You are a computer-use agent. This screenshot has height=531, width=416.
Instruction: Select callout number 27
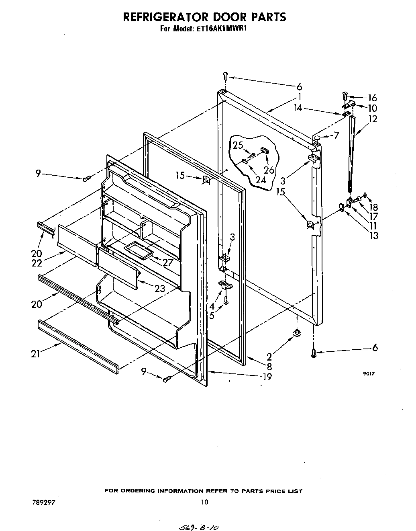[167, 262]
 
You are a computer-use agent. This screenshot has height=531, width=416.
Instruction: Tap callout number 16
[372, 98]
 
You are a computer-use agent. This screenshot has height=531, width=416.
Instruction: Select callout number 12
[373, 119]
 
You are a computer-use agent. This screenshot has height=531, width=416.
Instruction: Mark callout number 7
[336, 135]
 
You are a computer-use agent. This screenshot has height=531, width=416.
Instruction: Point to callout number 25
[238, 145]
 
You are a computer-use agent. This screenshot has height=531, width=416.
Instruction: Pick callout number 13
[374, 236]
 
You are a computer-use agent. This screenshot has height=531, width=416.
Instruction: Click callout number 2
[269, 356]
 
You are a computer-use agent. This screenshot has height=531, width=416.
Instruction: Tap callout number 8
[269, 366]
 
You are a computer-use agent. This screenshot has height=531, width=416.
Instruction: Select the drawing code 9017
[369, 373]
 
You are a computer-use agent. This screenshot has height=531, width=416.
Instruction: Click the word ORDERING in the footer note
[137, 491]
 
